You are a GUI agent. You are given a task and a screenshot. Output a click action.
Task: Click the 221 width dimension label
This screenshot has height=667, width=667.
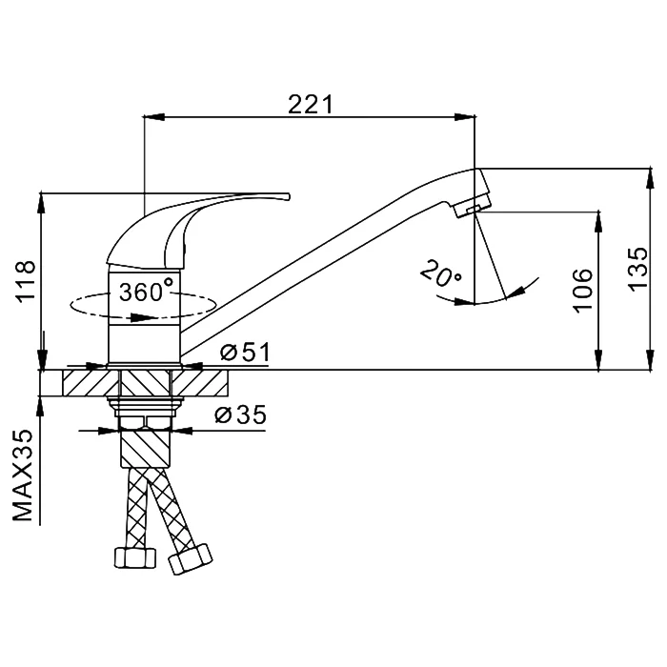coord(310,104)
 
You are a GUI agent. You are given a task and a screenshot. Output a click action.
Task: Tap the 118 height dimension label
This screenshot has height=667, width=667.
coord(26,281)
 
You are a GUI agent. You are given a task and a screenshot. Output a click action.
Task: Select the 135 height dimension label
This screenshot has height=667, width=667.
coord(638,270)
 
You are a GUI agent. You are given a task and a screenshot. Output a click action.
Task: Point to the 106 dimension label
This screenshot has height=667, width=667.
coord(582,291)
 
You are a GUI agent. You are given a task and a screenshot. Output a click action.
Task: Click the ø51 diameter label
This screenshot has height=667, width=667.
coord(245,353)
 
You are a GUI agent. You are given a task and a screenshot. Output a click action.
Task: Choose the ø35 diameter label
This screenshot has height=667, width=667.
coord(241,414)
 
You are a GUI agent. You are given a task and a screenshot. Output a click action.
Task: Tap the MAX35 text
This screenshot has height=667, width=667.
coord(23,475)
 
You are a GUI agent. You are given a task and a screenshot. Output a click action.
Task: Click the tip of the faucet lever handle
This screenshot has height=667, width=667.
coord(289,196)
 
